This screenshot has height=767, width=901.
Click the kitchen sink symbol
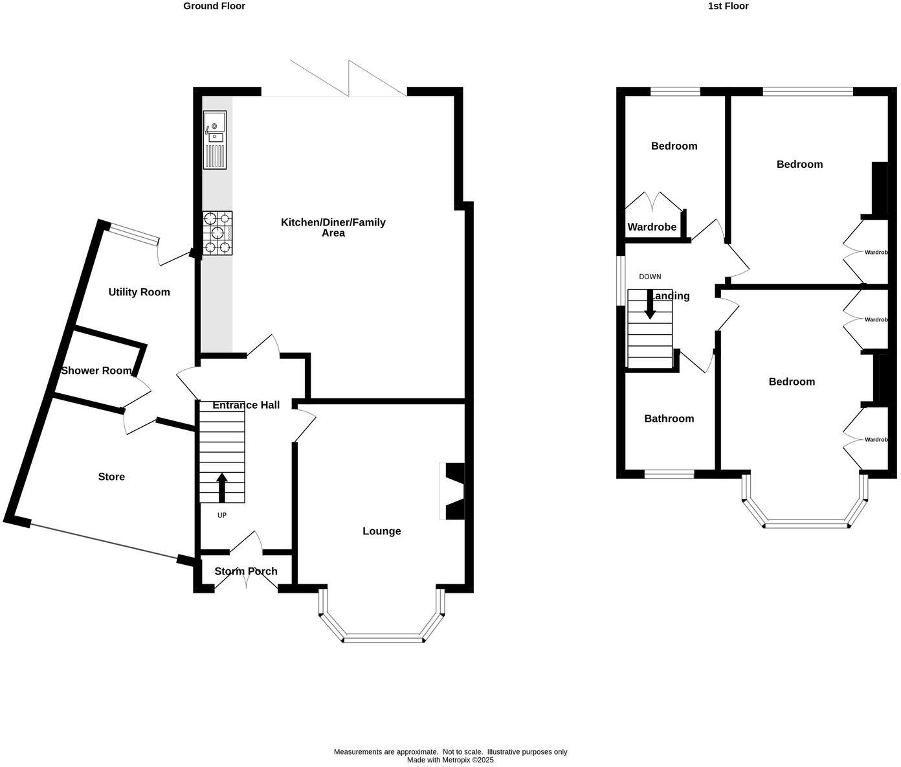pos(215,139)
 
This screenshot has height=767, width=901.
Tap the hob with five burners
pos(217,233)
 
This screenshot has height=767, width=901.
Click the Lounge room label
pos(381,531)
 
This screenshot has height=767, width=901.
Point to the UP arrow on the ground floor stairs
pos(222,487)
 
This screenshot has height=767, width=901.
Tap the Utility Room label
pos(139,292)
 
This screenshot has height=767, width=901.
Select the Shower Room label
pos(96,371)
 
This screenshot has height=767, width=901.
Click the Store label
pos(111,477)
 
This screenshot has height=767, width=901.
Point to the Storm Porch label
pos(246,571)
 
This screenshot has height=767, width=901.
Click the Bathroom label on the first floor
pos(669,418)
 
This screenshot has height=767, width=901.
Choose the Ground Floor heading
pos(214,6)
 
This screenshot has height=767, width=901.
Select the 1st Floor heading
pos(728,6)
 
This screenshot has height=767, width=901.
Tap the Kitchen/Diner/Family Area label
pos(333,227)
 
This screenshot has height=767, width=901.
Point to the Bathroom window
pos(669,474)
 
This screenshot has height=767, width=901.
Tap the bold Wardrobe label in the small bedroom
pos(652,227)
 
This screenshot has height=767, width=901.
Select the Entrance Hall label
pos(246,405)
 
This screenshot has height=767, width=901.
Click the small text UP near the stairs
pos(222,516)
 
